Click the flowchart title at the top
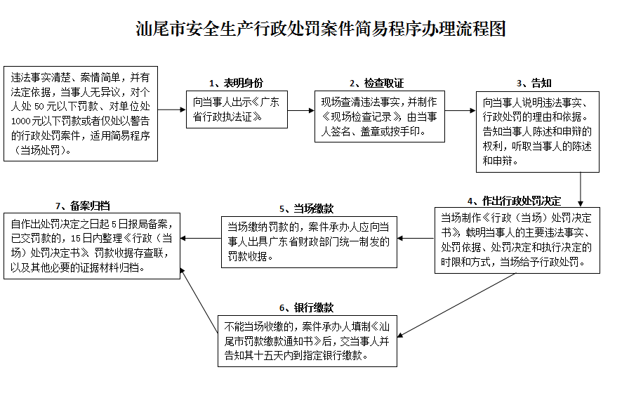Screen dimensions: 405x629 click(x=321, y=29)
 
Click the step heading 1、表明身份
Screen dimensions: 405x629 click(x=236, y=83)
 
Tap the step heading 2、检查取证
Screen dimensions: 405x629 click(x=376, y=83)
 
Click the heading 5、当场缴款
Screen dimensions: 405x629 click(x=306, y=208)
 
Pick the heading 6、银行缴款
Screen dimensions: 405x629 click(x=306, y=307)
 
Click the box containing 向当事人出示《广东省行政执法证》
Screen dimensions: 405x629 click(x=237, y=109)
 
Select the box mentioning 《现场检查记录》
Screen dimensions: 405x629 click(x=378, y=116)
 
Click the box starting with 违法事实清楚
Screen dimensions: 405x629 click(x=81, y=113)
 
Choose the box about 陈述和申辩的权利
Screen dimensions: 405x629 click(x=538, y=131)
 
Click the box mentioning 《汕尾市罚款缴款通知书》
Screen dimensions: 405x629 click(x=307, y=340)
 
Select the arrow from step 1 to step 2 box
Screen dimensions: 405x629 click(x=300, y=110)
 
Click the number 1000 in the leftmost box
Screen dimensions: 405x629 click(x=22, y=121)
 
